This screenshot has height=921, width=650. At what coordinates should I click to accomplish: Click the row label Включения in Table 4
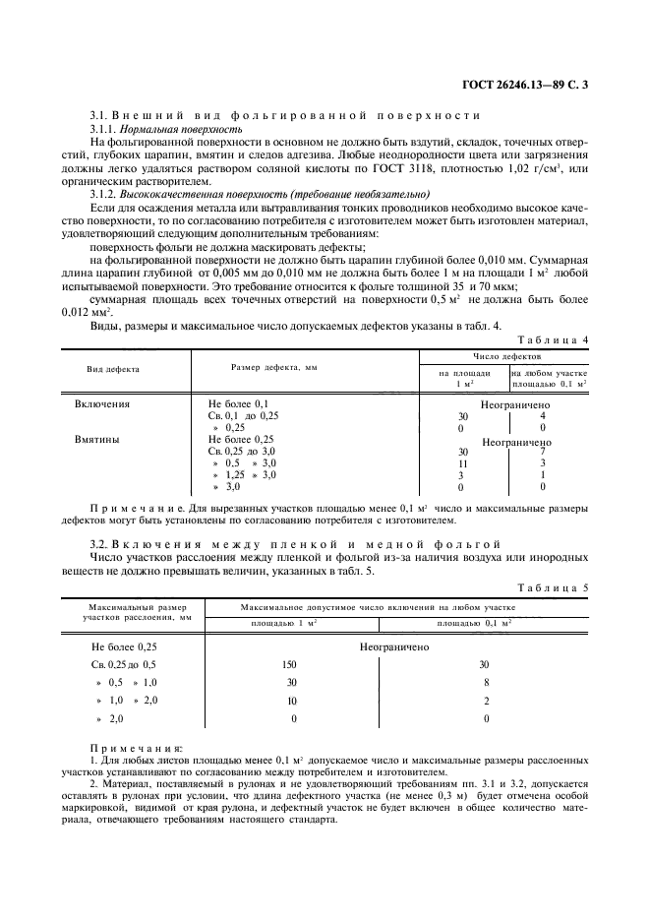[x=102, y=404]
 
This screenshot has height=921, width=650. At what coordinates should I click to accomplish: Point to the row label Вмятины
[x=97, y=440]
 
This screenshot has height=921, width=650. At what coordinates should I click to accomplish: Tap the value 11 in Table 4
[x=461, y=463]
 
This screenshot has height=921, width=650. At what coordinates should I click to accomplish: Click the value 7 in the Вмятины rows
[x=543, y=452]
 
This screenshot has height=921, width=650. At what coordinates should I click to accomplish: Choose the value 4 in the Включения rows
[x=543, y=416]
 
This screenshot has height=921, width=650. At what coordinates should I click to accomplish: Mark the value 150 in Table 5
[x=290, y=664]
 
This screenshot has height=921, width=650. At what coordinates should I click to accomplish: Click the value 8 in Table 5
[x=486, y=682]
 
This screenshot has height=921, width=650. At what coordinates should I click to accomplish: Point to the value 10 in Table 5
[x=290, y=701]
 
